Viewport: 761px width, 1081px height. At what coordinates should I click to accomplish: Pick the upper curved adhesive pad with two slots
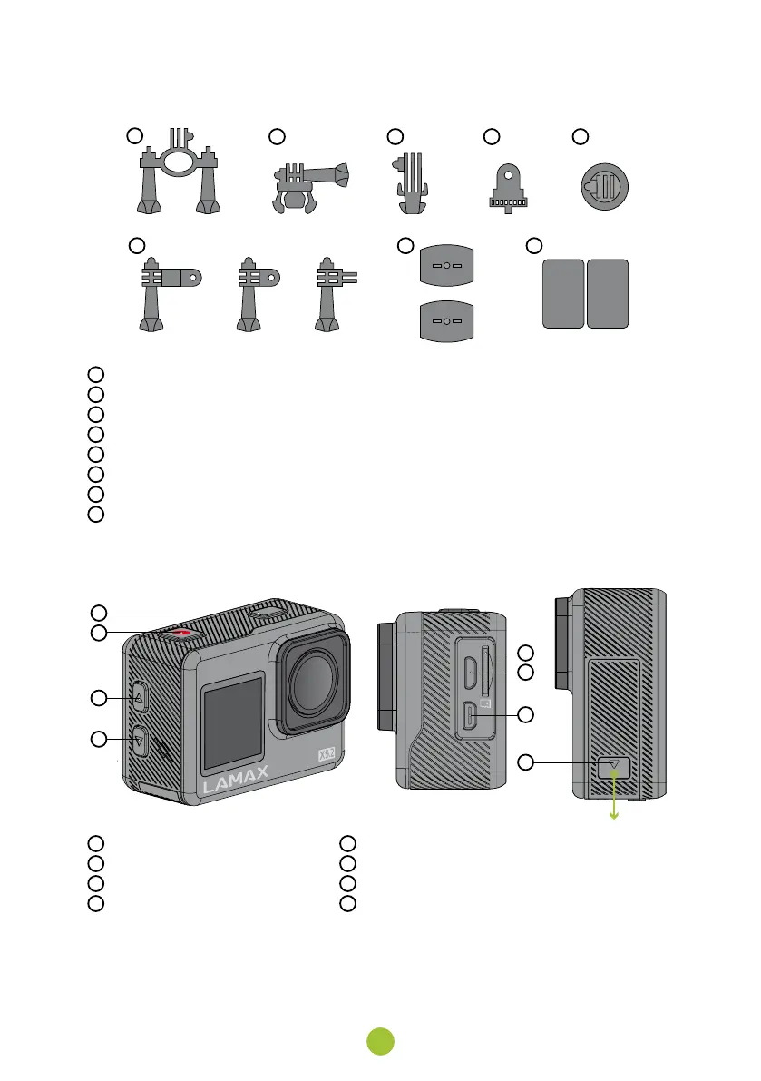446,269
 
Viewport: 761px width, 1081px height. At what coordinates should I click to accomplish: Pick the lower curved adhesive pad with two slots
446,322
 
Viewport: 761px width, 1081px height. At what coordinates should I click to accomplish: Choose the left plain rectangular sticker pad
562,293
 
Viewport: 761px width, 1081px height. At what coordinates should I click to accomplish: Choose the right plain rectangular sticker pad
608,293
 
